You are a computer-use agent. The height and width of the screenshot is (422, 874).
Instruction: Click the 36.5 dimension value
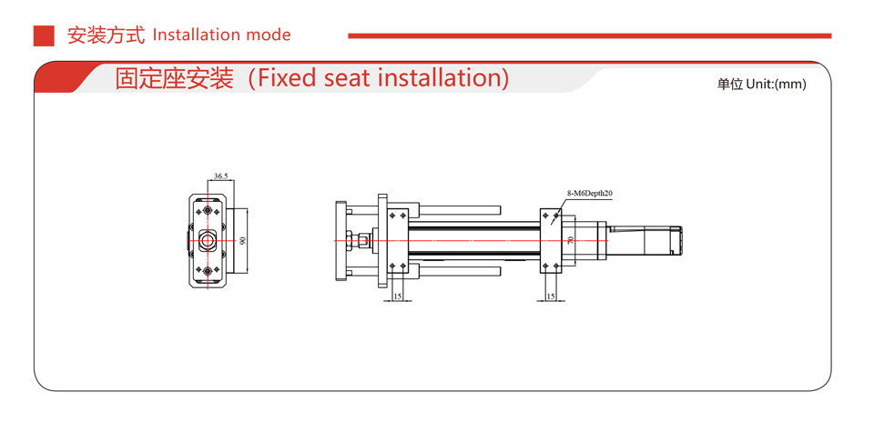point(220,175)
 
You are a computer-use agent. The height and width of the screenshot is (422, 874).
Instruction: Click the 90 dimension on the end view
point(243,241)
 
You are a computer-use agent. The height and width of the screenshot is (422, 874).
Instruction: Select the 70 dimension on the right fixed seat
point(570,240)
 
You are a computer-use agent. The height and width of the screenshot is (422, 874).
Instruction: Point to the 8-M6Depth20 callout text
point(589,194)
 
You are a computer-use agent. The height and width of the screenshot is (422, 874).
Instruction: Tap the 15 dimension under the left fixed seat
point(397,296)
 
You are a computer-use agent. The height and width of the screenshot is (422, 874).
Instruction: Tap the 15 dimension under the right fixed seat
point(551,296)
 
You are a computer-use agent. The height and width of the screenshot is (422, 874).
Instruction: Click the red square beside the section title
point(44,35)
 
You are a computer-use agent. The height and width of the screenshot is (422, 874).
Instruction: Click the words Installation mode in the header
point(222,35)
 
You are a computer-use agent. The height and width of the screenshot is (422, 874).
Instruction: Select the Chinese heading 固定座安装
point(174,78)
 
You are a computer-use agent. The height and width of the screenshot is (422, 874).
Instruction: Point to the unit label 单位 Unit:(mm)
point(761,84)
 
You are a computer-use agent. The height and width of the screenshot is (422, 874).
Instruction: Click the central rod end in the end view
point(208,241)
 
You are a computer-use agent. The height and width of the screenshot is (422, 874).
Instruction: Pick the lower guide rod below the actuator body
point(455,271)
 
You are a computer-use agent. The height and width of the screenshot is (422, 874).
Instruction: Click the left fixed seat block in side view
point(398,240)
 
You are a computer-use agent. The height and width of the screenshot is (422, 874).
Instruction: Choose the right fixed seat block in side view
point(551,240)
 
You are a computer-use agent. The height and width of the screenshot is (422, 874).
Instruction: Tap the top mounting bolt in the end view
point(208,211)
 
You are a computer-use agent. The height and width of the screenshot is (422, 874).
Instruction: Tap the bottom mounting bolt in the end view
point(208,271)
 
